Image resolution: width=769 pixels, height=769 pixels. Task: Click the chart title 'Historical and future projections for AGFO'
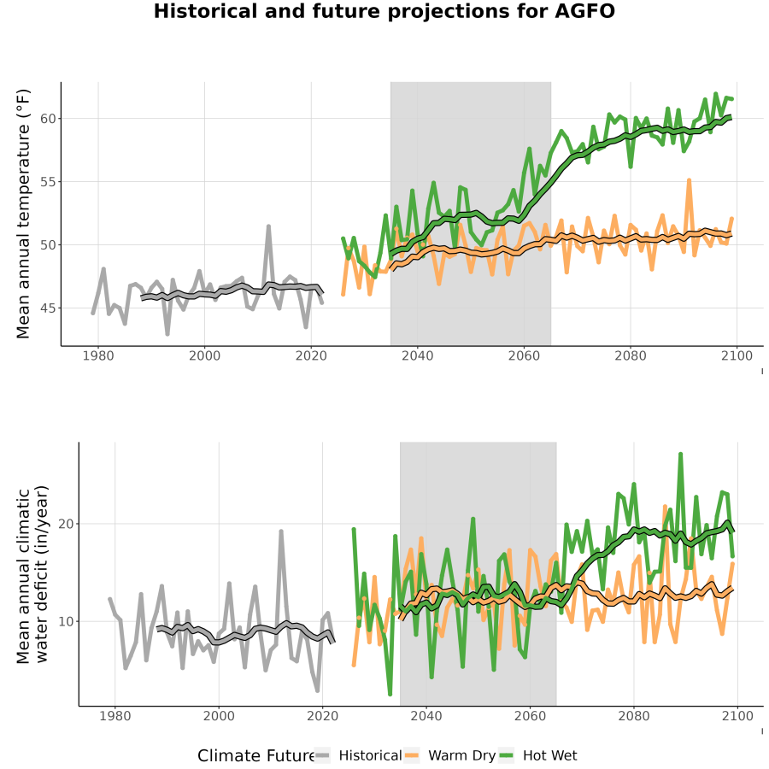point(384,11)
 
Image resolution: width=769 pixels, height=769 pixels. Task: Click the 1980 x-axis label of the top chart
point(98,355)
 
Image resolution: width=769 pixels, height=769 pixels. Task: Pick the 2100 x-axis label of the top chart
point(737,355)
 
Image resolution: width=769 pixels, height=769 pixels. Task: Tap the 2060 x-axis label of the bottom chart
point(530,716)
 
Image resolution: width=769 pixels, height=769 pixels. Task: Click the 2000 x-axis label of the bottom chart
point(219,716)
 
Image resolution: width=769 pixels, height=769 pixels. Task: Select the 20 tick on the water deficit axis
point(66,524)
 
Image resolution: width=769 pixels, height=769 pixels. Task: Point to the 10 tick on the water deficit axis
point(66,621)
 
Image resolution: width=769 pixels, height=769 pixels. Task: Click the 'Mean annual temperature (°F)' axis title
point(23,214)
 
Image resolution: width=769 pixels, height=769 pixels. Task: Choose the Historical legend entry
point(359,755)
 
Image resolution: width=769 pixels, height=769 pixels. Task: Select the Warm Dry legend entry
point(449,755)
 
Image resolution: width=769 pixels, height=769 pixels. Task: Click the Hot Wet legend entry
point(538,755)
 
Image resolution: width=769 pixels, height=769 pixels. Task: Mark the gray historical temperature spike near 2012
point(269,226)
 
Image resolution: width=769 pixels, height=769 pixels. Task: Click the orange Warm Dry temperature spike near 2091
point(689,180)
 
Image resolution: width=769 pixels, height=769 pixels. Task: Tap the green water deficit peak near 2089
point(681,455)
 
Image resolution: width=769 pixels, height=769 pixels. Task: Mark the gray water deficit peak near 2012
point(281,531)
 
